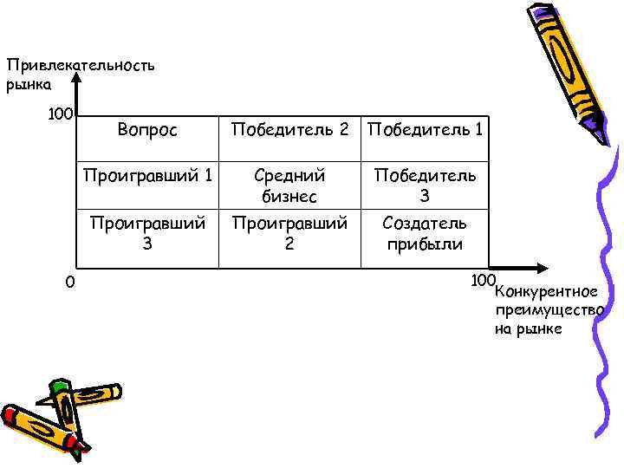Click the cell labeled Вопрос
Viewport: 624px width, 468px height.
click(147, 131)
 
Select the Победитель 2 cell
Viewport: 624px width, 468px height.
click(289, 131)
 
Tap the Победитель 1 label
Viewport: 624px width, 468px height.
click(426, 131)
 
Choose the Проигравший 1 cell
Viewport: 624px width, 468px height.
click(147, 176)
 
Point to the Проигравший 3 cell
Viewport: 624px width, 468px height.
click(147, 233)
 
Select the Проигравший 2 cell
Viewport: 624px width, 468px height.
click(289, 233)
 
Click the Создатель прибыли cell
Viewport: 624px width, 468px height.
click(425, 233)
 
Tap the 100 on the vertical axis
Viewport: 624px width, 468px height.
click(60, 114)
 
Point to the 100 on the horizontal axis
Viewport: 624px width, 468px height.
click(483, 280)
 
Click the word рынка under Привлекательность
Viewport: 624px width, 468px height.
click(29, 84)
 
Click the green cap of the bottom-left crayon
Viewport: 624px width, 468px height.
click(58, 387)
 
